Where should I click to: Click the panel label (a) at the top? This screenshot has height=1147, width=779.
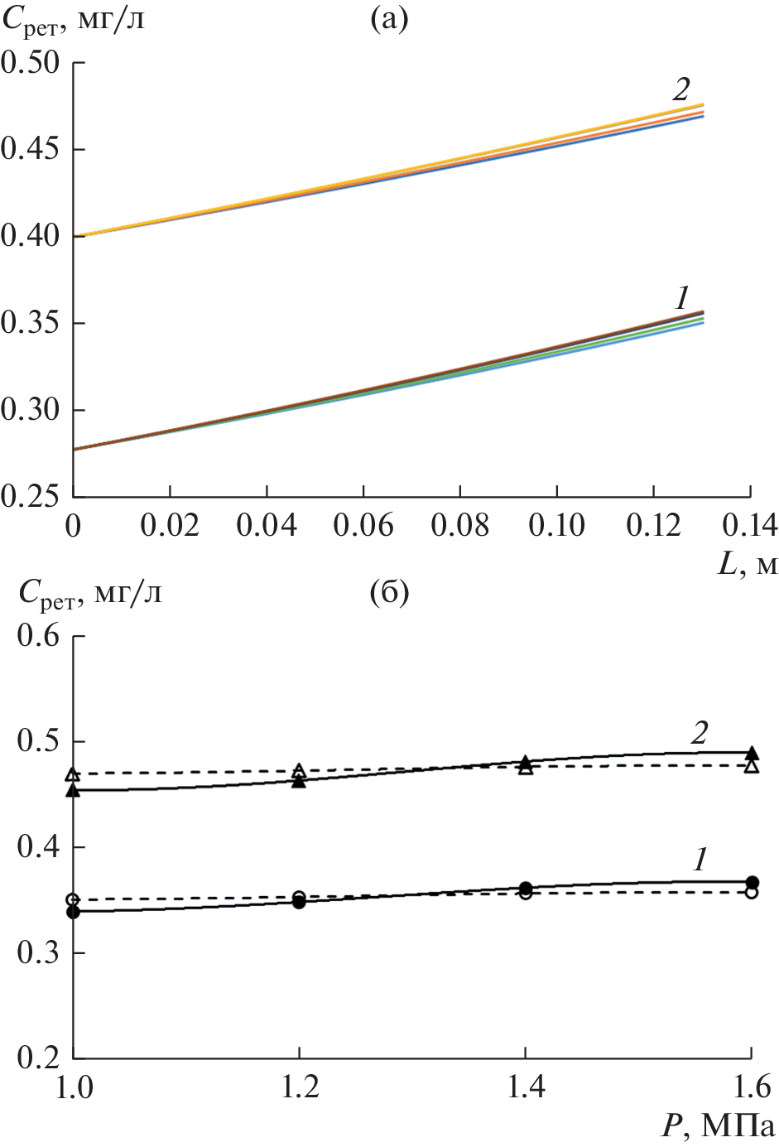pos(389,19)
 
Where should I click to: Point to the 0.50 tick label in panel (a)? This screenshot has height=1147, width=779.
pos(31,63)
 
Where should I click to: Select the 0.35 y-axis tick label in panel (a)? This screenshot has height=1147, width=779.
pos(31,323)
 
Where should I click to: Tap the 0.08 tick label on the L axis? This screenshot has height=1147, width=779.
pos(459,526)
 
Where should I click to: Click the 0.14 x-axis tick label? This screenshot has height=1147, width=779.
pos(749,526)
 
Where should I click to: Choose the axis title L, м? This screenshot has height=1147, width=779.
pos(747,564)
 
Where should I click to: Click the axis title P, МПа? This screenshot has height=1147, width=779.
pos(718,1126)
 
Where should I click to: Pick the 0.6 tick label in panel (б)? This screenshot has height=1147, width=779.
pos(39,636)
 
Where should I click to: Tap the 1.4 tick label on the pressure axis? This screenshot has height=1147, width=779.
pos(525,1087)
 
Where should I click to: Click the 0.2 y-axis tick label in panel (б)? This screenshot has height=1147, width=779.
pos(39,1058)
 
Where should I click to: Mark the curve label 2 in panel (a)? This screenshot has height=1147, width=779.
pos(681,89)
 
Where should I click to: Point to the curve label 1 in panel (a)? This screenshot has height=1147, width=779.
pos(681,298)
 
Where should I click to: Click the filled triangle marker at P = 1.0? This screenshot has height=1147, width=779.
pos(73,791)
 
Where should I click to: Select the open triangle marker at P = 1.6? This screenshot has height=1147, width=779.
pos(752,766)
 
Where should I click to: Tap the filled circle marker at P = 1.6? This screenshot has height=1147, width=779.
pos(752,882)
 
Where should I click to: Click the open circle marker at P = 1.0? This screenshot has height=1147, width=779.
pos(73,899)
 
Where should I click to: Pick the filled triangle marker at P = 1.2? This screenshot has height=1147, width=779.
pos(299,781)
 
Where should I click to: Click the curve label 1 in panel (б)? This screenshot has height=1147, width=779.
pos(700,860)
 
